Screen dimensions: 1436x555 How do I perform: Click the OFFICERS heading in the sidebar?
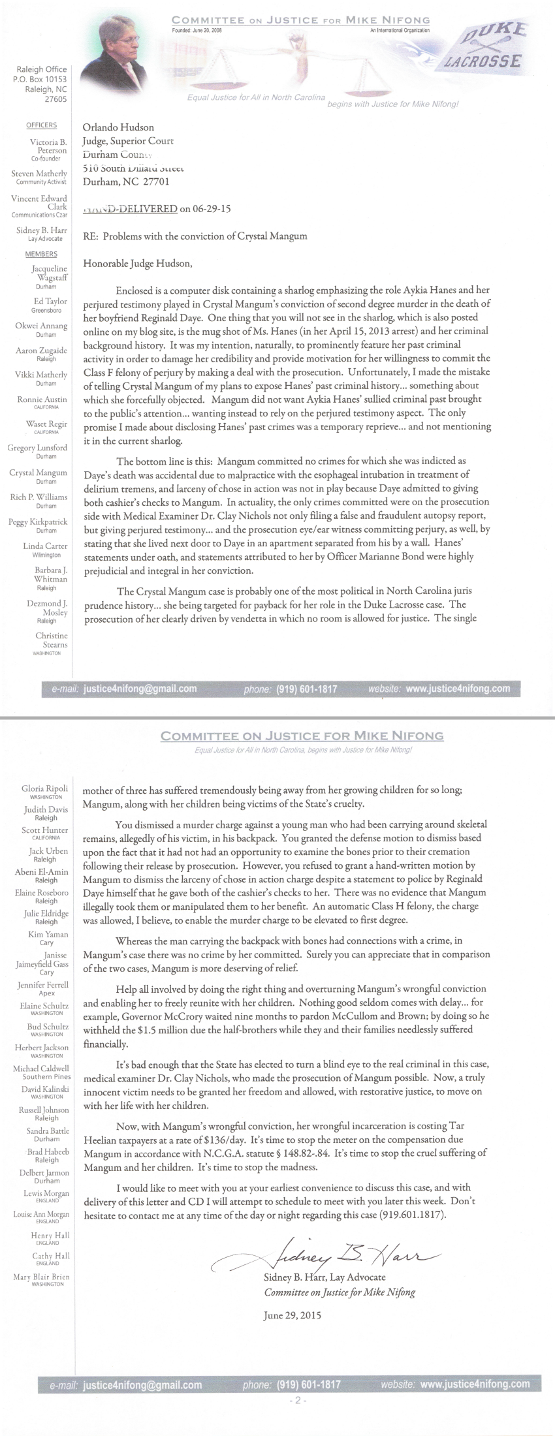point(42,125)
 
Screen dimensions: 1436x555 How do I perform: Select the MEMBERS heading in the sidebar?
point(41,254)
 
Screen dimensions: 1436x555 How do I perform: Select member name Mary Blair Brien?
point(41,1277)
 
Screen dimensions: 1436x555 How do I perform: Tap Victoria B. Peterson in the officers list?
point(48,146)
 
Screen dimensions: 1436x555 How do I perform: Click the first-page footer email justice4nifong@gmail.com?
point(140,689)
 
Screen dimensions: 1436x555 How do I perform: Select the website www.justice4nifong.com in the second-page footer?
point(475,1384)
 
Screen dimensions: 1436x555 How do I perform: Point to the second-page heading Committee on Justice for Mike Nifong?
point(302,736)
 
